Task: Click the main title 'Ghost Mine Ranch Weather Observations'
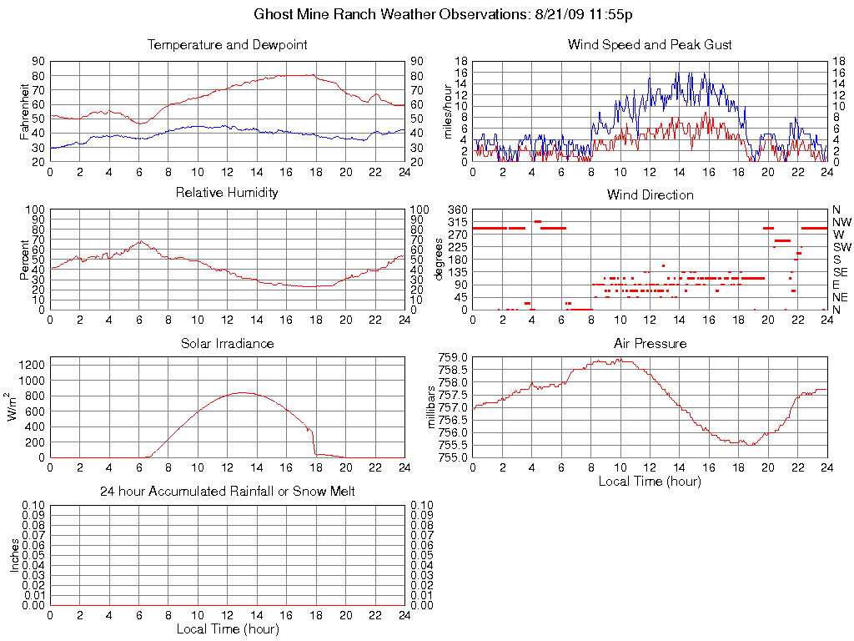coord(427,15)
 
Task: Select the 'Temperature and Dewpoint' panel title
coord(227,45)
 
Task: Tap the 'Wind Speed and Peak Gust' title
coord(650,45)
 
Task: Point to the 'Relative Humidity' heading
coord(227,193)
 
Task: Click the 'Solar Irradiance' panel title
coord(227,343)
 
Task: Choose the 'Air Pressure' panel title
coord(650,343)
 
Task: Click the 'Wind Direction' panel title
coord(650,195)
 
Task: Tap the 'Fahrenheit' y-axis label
coord(25,112)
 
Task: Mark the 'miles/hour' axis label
coord(448,112)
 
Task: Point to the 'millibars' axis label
coord(431,407)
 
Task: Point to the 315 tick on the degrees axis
coord(459,222)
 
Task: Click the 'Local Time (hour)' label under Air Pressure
coord(650,481)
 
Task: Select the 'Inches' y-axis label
coord(14,555)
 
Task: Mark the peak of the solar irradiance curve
coord(242,392)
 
